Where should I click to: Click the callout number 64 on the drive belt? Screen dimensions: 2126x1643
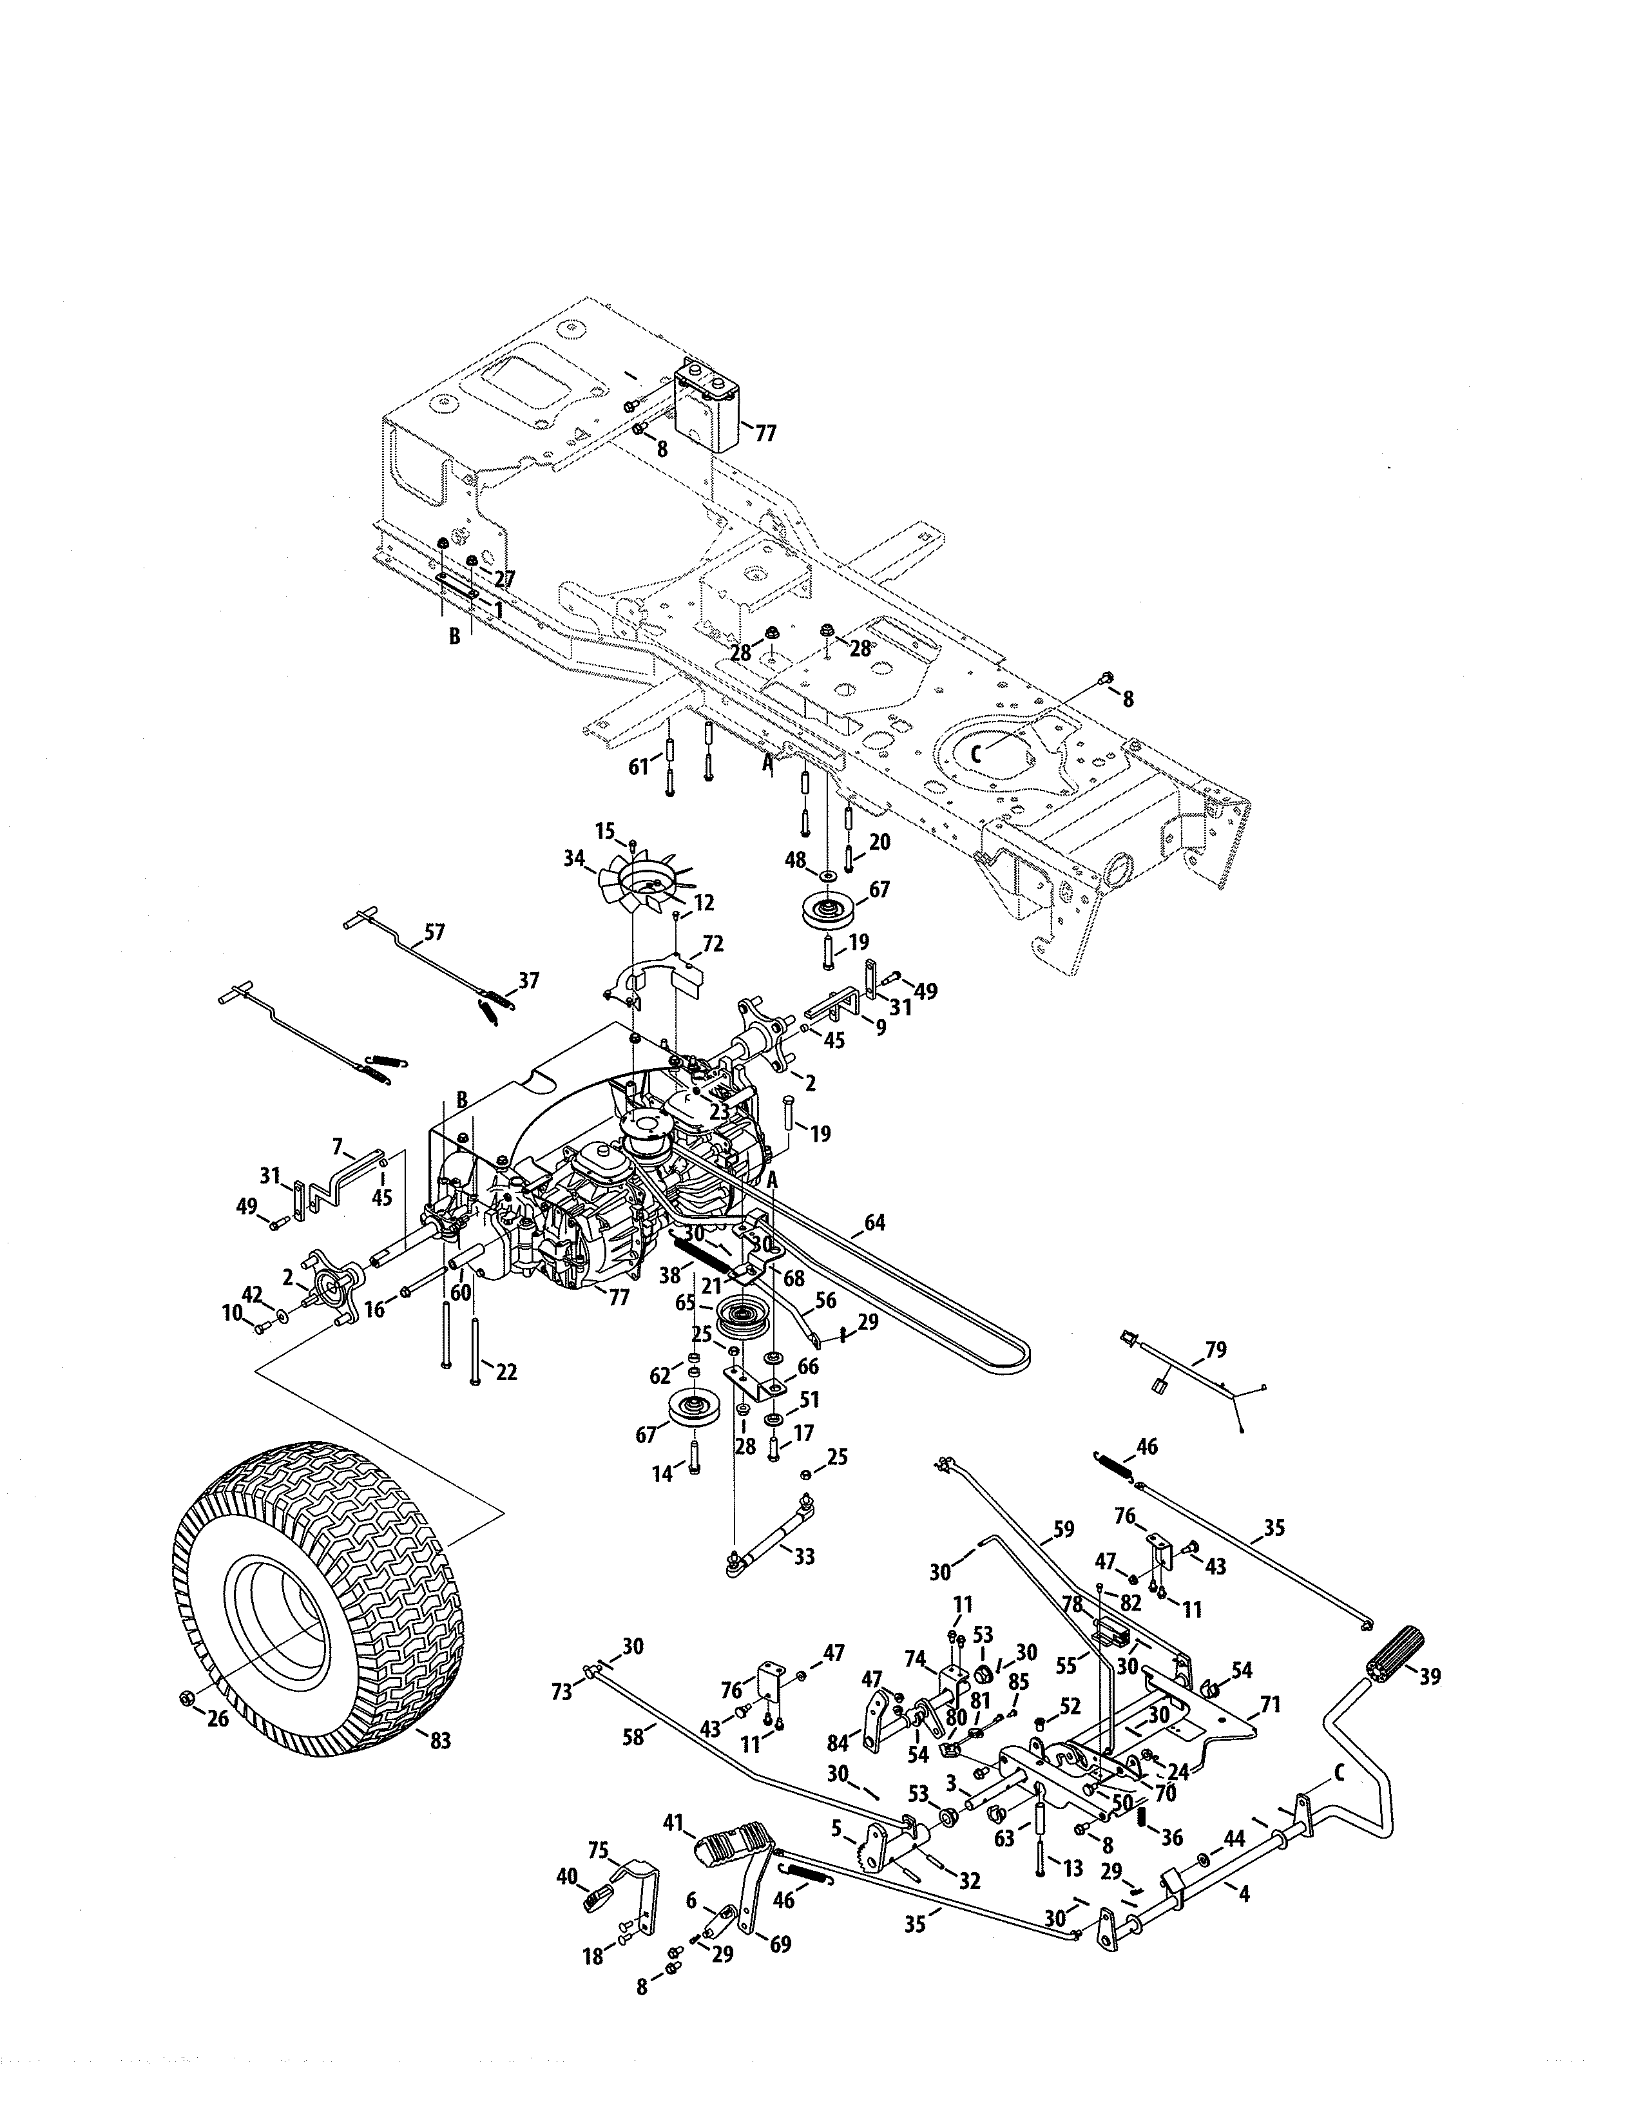click(x=875, y=1223)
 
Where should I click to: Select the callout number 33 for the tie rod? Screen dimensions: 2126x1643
click(x=804, y=1556)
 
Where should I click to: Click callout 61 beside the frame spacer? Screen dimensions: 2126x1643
click(x=637, y=767)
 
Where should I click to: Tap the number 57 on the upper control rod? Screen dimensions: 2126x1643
click(x=434, y=932)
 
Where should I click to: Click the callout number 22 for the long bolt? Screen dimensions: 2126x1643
click(x=506, y=1372)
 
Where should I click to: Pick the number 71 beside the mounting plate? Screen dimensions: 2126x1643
click(x=1270, y=1705)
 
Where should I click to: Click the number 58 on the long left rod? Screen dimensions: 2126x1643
click(x=633, y=1735)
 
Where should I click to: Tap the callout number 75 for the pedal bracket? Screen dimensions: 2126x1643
click(x=599, y=1850)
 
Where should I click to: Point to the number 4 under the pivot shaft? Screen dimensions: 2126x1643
click(x=1242, y=1891)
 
